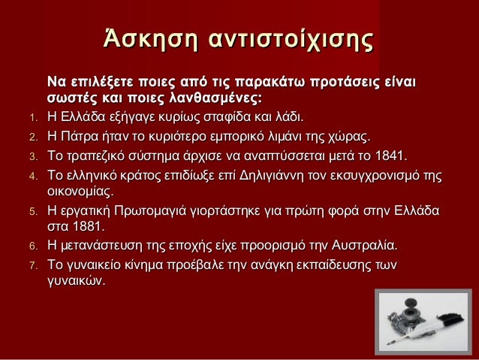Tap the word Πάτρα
pos(83,138)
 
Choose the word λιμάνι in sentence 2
pos(284,138)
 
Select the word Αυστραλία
pos(362,245)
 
